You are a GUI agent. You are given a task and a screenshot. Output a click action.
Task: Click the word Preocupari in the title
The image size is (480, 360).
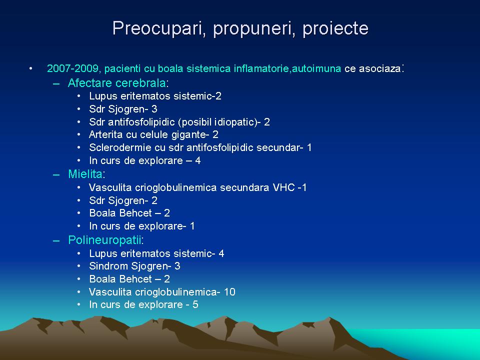pyautogui.click(x=159, y=29)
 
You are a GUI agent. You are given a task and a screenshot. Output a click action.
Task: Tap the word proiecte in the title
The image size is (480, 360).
pyautogui.click(x=335, y=29)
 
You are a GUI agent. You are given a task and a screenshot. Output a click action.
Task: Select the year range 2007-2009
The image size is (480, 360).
pyautogui.click(x=72, y=68)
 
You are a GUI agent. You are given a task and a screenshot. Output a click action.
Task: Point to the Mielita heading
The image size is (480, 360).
pyautogui.click(x=85, y=174)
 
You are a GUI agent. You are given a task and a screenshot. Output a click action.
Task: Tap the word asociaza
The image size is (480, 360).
pyautogui.click(x=372, y=68)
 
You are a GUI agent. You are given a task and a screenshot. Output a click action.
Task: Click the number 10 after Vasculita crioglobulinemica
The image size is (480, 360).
pyautogui.click(x=229, y=292)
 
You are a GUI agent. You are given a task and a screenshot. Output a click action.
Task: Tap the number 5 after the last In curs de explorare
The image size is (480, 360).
pyautogui.click(x=195, y=305)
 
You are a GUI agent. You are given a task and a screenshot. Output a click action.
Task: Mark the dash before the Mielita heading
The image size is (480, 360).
pyautogui.click(x=56, y=175)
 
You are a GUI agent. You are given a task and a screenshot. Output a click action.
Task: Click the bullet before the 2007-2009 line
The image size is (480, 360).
pyautogui.click(x=30, y=68)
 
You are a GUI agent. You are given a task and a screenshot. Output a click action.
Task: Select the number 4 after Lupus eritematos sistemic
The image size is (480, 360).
pyautogui.click(x=221, y=253)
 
